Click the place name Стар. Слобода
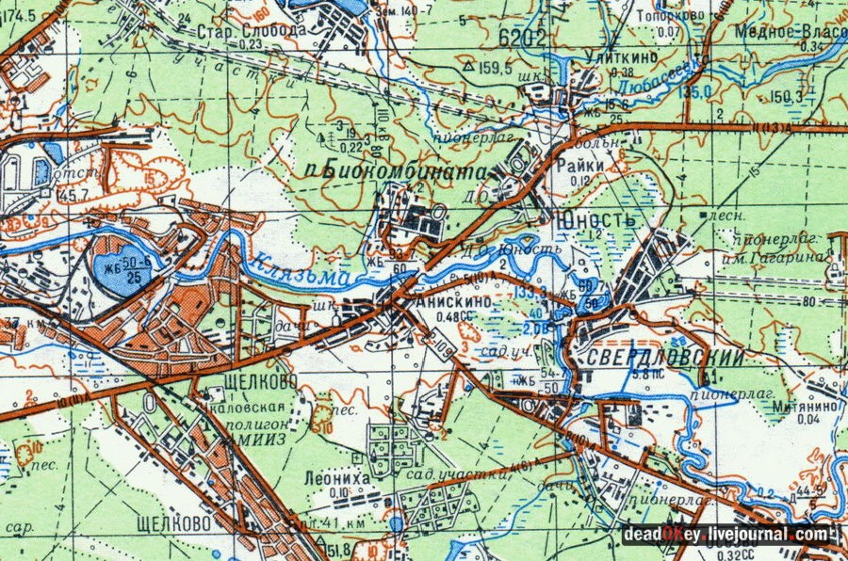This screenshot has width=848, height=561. tap(237, 30)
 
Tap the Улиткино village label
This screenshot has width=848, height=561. tap(607, 58)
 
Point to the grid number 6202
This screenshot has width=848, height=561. tap(523, 39)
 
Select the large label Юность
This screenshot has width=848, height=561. tap(596, 220)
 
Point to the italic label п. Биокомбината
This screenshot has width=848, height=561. tap(404, 173)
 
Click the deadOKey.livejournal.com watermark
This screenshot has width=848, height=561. tap(729, 535)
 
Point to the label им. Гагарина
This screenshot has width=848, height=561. tap(789, 257)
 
